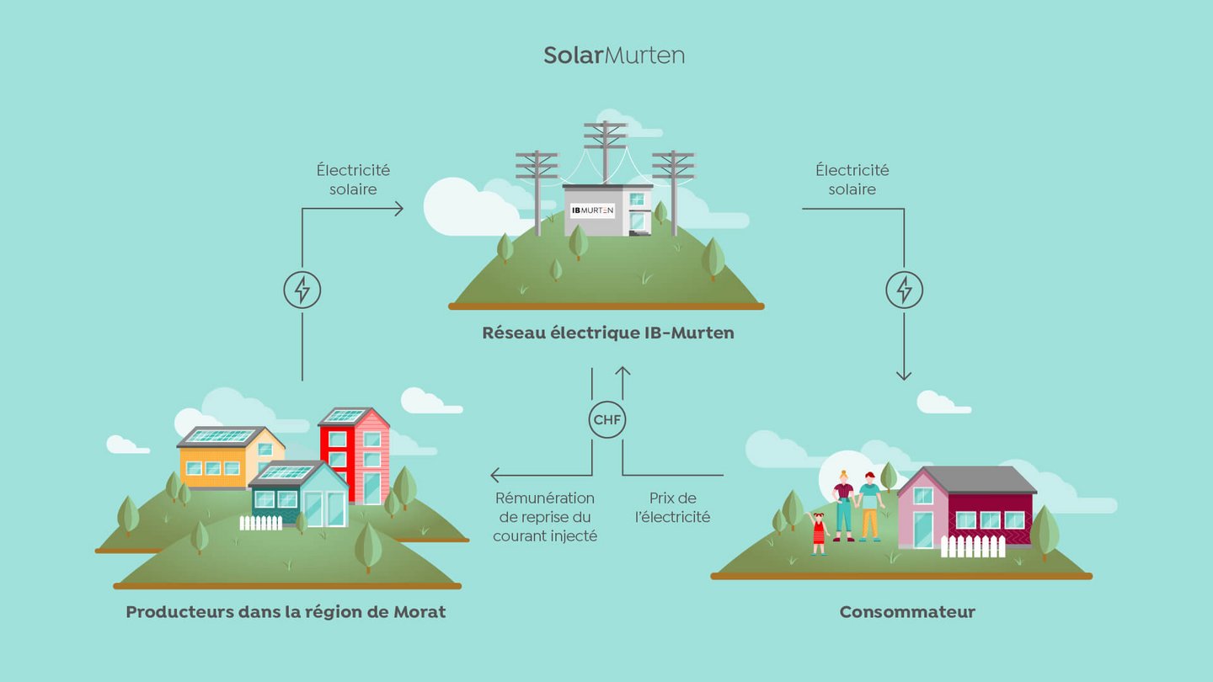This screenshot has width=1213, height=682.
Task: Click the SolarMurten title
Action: coord(613,56)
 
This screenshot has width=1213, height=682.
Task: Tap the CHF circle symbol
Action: coord(607,419)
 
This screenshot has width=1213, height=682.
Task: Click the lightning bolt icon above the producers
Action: coord(302,290)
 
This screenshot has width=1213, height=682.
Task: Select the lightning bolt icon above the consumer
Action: coord(904,290)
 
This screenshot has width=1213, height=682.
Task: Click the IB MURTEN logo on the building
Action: coord(592,210)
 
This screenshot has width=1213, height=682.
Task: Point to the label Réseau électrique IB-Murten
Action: coord(607,333)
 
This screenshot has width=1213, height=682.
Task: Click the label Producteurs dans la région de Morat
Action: coord(286,612)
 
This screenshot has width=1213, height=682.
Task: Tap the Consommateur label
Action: coord(906,612)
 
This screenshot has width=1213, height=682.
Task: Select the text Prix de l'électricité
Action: coord(672,508)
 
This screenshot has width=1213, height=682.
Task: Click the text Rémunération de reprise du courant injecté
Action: coord(545,516)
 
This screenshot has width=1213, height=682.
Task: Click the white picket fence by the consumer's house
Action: coord(972,546)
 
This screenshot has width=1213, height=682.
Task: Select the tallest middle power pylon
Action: coord(605,152)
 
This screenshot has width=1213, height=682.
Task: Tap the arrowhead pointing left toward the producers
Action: coord(497,475)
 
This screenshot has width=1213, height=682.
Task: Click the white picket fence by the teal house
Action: coord(260,523)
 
